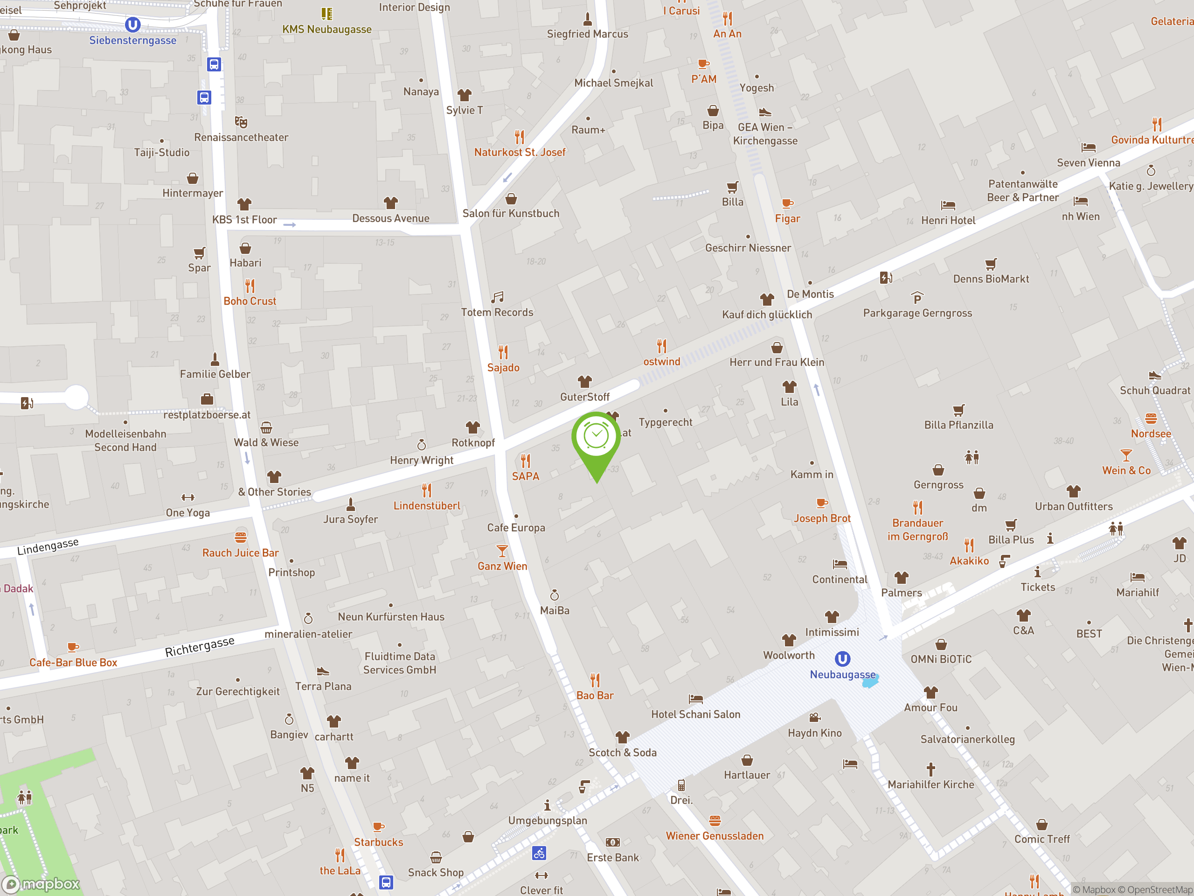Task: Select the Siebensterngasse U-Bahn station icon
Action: (133, 25)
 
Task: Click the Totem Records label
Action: (497, 312)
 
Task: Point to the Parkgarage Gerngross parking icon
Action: (917, 298)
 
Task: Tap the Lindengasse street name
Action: (48, 546)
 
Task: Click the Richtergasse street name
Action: (200, 646)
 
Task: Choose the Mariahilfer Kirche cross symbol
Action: (930, 769)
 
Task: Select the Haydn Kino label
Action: (814, 733)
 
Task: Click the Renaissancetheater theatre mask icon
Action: (241, 122)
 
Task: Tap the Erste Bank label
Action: (613, 858)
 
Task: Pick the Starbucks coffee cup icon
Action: (378, 827)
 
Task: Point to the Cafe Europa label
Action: (516, 528)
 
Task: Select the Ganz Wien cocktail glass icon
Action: (502, 551)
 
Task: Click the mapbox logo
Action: (42, 883)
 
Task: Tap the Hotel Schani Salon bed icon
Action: (696, 699)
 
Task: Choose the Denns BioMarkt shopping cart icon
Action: (991, 264)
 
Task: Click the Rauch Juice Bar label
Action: (240, 553)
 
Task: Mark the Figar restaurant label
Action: (788, 219)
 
